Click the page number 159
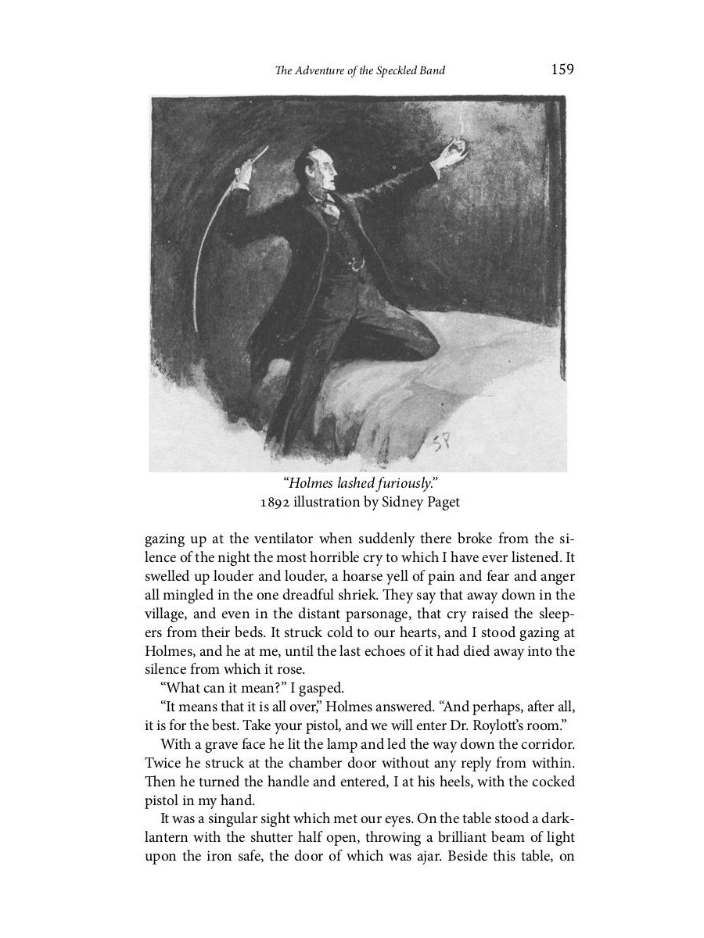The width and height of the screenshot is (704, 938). (x=562, y=70)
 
